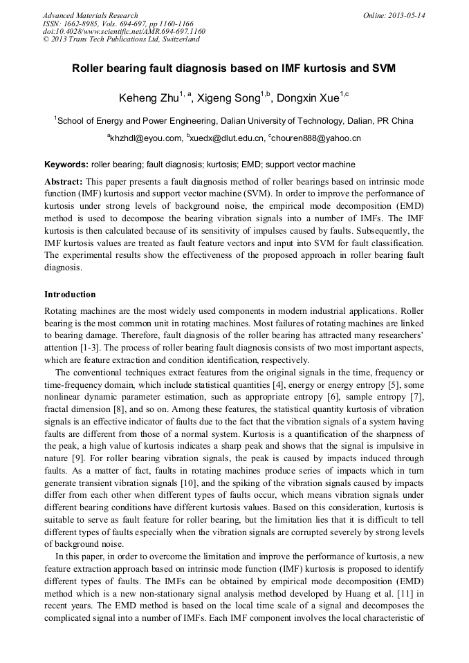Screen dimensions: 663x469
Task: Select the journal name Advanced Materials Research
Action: tap(90, 15)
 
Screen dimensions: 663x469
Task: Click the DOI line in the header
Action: tap(124, 31)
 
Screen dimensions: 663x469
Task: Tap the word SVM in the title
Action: tap(383, 69)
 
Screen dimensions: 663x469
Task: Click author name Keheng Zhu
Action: tap(147, 97)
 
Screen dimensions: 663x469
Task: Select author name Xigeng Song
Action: tap(229, 97)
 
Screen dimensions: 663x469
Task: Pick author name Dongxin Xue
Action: tap(308, 97)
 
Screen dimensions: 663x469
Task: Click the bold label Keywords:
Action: tap(66, 165)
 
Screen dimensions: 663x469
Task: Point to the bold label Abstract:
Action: tap(65, 179)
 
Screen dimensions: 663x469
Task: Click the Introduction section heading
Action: tap(70, 294)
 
